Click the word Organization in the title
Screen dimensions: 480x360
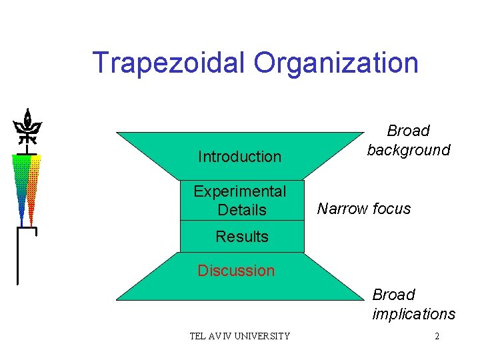pyautogui.click(x=336, y=63)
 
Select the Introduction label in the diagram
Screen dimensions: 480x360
pyautogui.click(x=239, y=157)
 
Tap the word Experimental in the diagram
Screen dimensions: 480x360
pyautogui.click(x=240, y=191)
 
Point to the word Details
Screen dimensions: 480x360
pyautogui.click(x=242, y=210)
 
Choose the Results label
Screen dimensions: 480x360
pyautogui.click(x=242, y=237)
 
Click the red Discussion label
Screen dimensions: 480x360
pyautogui.click(x=236, y=271)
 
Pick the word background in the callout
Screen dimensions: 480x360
pyautogui.click(x=409, y=150)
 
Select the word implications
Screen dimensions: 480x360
pyautogui.click(x=414, y=314)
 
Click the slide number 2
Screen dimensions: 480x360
pyautogui.click(x=437, y=336)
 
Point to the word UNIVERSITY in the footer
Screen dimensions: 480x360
pyautogui.click(x=263, y=336)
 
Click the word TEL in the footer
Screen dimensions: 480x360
pyautogui.click(x=198, y=336)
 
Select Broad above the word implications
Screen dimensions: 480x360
pyautogui.click(x=394, y=295)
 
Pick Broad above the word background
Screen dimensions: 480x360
pyautogui.click(x=409, y=131)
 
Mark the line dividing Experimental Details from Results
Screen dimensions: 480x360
pyautogui.click(x=242, y=220)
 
